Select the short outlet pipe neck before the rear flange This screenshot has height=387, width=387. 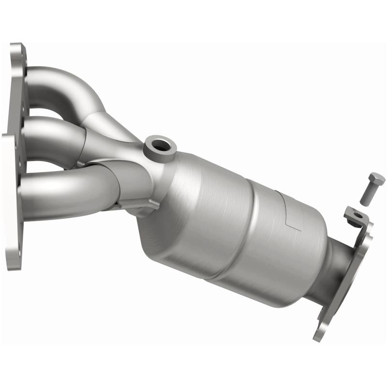334,264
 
